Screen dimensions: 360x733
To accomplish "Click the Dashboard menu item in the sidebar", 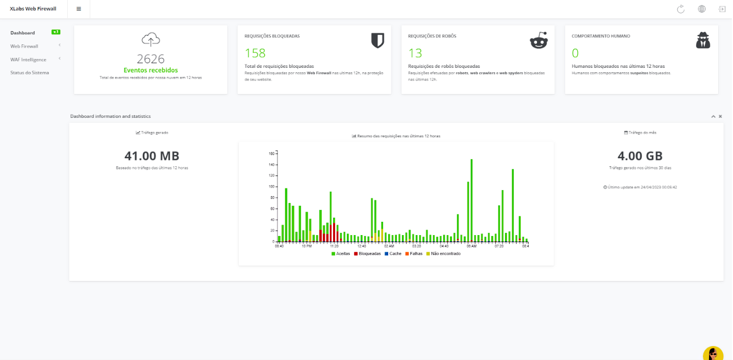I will [22, 33].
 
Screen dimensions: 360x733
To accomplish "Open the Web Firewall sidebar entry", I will [24, 46].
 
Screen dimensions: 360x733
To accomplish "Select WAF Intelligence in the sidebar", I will [28, 60].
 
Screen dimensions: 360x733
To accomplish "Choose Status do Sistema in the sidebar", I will [30, 73].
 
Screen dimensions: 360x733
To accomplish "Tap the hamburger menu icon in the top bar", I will [79, 9].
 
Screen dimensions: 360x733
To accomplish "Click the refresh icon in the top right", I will [680, 9].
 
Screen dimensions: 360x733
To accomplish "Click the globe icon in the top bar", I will [702, 9].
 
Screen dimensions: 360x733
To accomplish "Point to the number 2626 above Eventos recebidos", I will [150, 59].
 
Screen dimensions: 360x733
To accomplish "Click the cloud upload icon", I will [150, 39].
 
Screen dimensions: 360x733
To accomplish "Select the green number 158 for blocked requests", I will [255, 53].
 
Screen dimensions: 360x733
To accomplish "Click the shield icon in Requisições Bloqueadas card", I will [377, 40].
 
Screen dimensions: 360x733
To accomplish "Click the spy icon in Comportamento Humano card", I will [703, 40].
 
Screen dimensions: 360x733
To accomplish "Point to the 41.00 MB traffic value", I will [151, 156].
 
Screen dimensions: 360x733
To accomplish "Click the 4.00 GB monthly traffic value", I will [640, 156].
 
